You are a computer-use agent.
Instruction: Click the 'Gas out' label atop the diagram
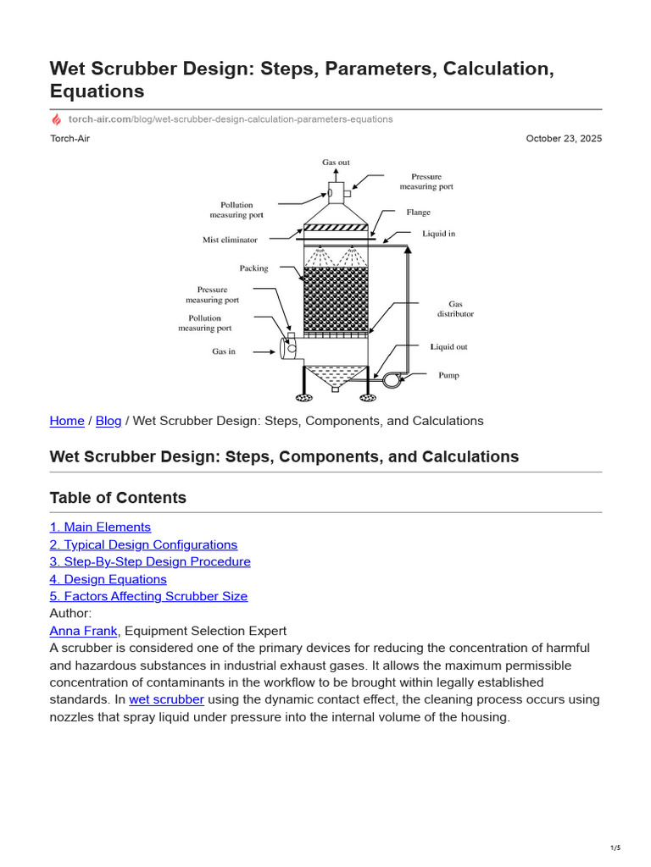pyautogui.click(x=336, y=162)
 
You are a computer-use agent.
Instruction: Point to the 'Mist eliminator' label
pyautogui.click(x=230, y=240)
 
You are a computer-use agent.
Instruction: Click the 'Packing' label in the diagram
pyautogui.click(x=253, y=268)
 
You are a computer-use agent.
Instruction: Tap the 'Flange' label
pyautogui.click(x=418, y=213)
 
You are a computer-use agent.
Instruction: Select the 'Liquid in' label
pyautogui.click(x=438, y=234)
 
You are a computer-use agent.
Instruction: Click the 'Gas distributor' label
pyautogui.click(x=455, y=309)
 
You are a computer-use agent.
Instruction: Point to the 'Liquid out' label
pyautogui.click(x=448, y=347)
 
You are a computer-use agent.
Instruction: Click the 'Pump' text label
pyautogui.click(x=448, y=375)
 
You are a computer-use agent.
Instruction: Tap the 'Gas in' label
pyautogui.click(x=224, y=351)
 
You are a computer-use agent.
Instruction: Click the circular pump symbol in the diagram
pyautogui.click(x=391, y=380)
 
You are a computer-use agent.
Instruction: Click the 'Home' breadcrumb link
pyautogui.click(x=67, y=421)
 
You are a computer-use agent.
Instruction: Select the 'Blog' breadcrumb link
pyautogui.click(x=108, y=421)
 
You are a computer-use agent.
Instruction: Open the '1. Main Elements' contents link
pyautogui.click(x=100, y=527)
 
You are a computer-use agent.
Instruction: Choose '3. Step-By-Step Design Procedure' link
pyautogui.click(x=150, y=562)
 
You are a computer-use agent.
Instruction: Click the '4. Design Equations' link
pyautogui.click(x=108, y=579)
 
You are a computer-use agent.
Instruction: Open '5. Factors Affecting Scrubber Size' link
pyautogui.click(x=148, y=596)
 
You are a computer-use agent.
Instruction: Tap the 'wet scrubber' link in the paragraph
pyautogui.click(x=166, y=699)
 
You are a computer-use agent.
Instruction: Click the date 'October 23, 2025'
pyautogui.click(x=564, y=139)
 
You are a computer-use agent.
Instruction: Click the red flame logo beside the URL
pyautogui.click(x=56, y=119)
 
